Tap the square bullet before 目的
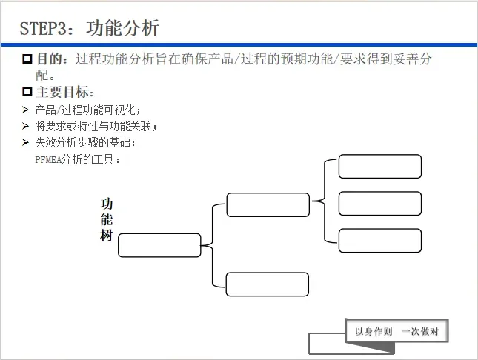[27, 59]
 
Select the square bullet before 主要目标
[27, 93]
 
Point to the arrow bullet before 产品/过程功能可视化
[26, 110]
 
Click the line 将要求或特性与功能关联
[96, 126]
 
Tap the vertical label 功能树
[107, 220]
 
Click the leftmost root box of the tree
[159, 245]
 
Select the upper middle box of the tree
[268, 205]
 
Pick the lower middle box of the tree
[267, 284]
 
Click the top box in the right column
[380, 167]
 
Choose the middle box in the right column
[380, 203]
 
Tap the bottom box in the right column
[380, 240]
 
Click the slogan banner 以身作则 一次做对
[396, 331]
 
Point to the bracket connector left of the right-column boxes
[324, 201]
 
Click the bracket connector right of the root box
[213, 245]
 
